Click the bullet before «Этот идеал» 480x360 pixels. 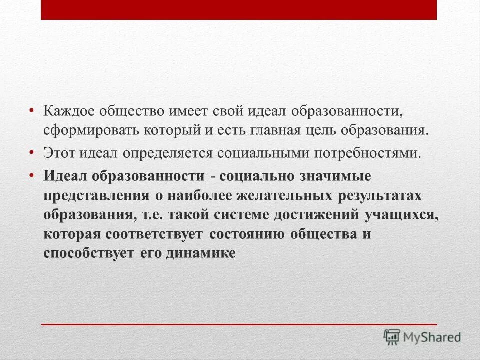31,150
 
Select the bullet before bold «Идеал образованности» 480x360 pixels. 31,174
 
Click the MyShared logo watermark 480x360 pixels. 422,336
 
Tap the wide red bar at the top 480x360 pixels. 239,9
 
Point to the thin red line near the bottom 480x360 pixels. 239,324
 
